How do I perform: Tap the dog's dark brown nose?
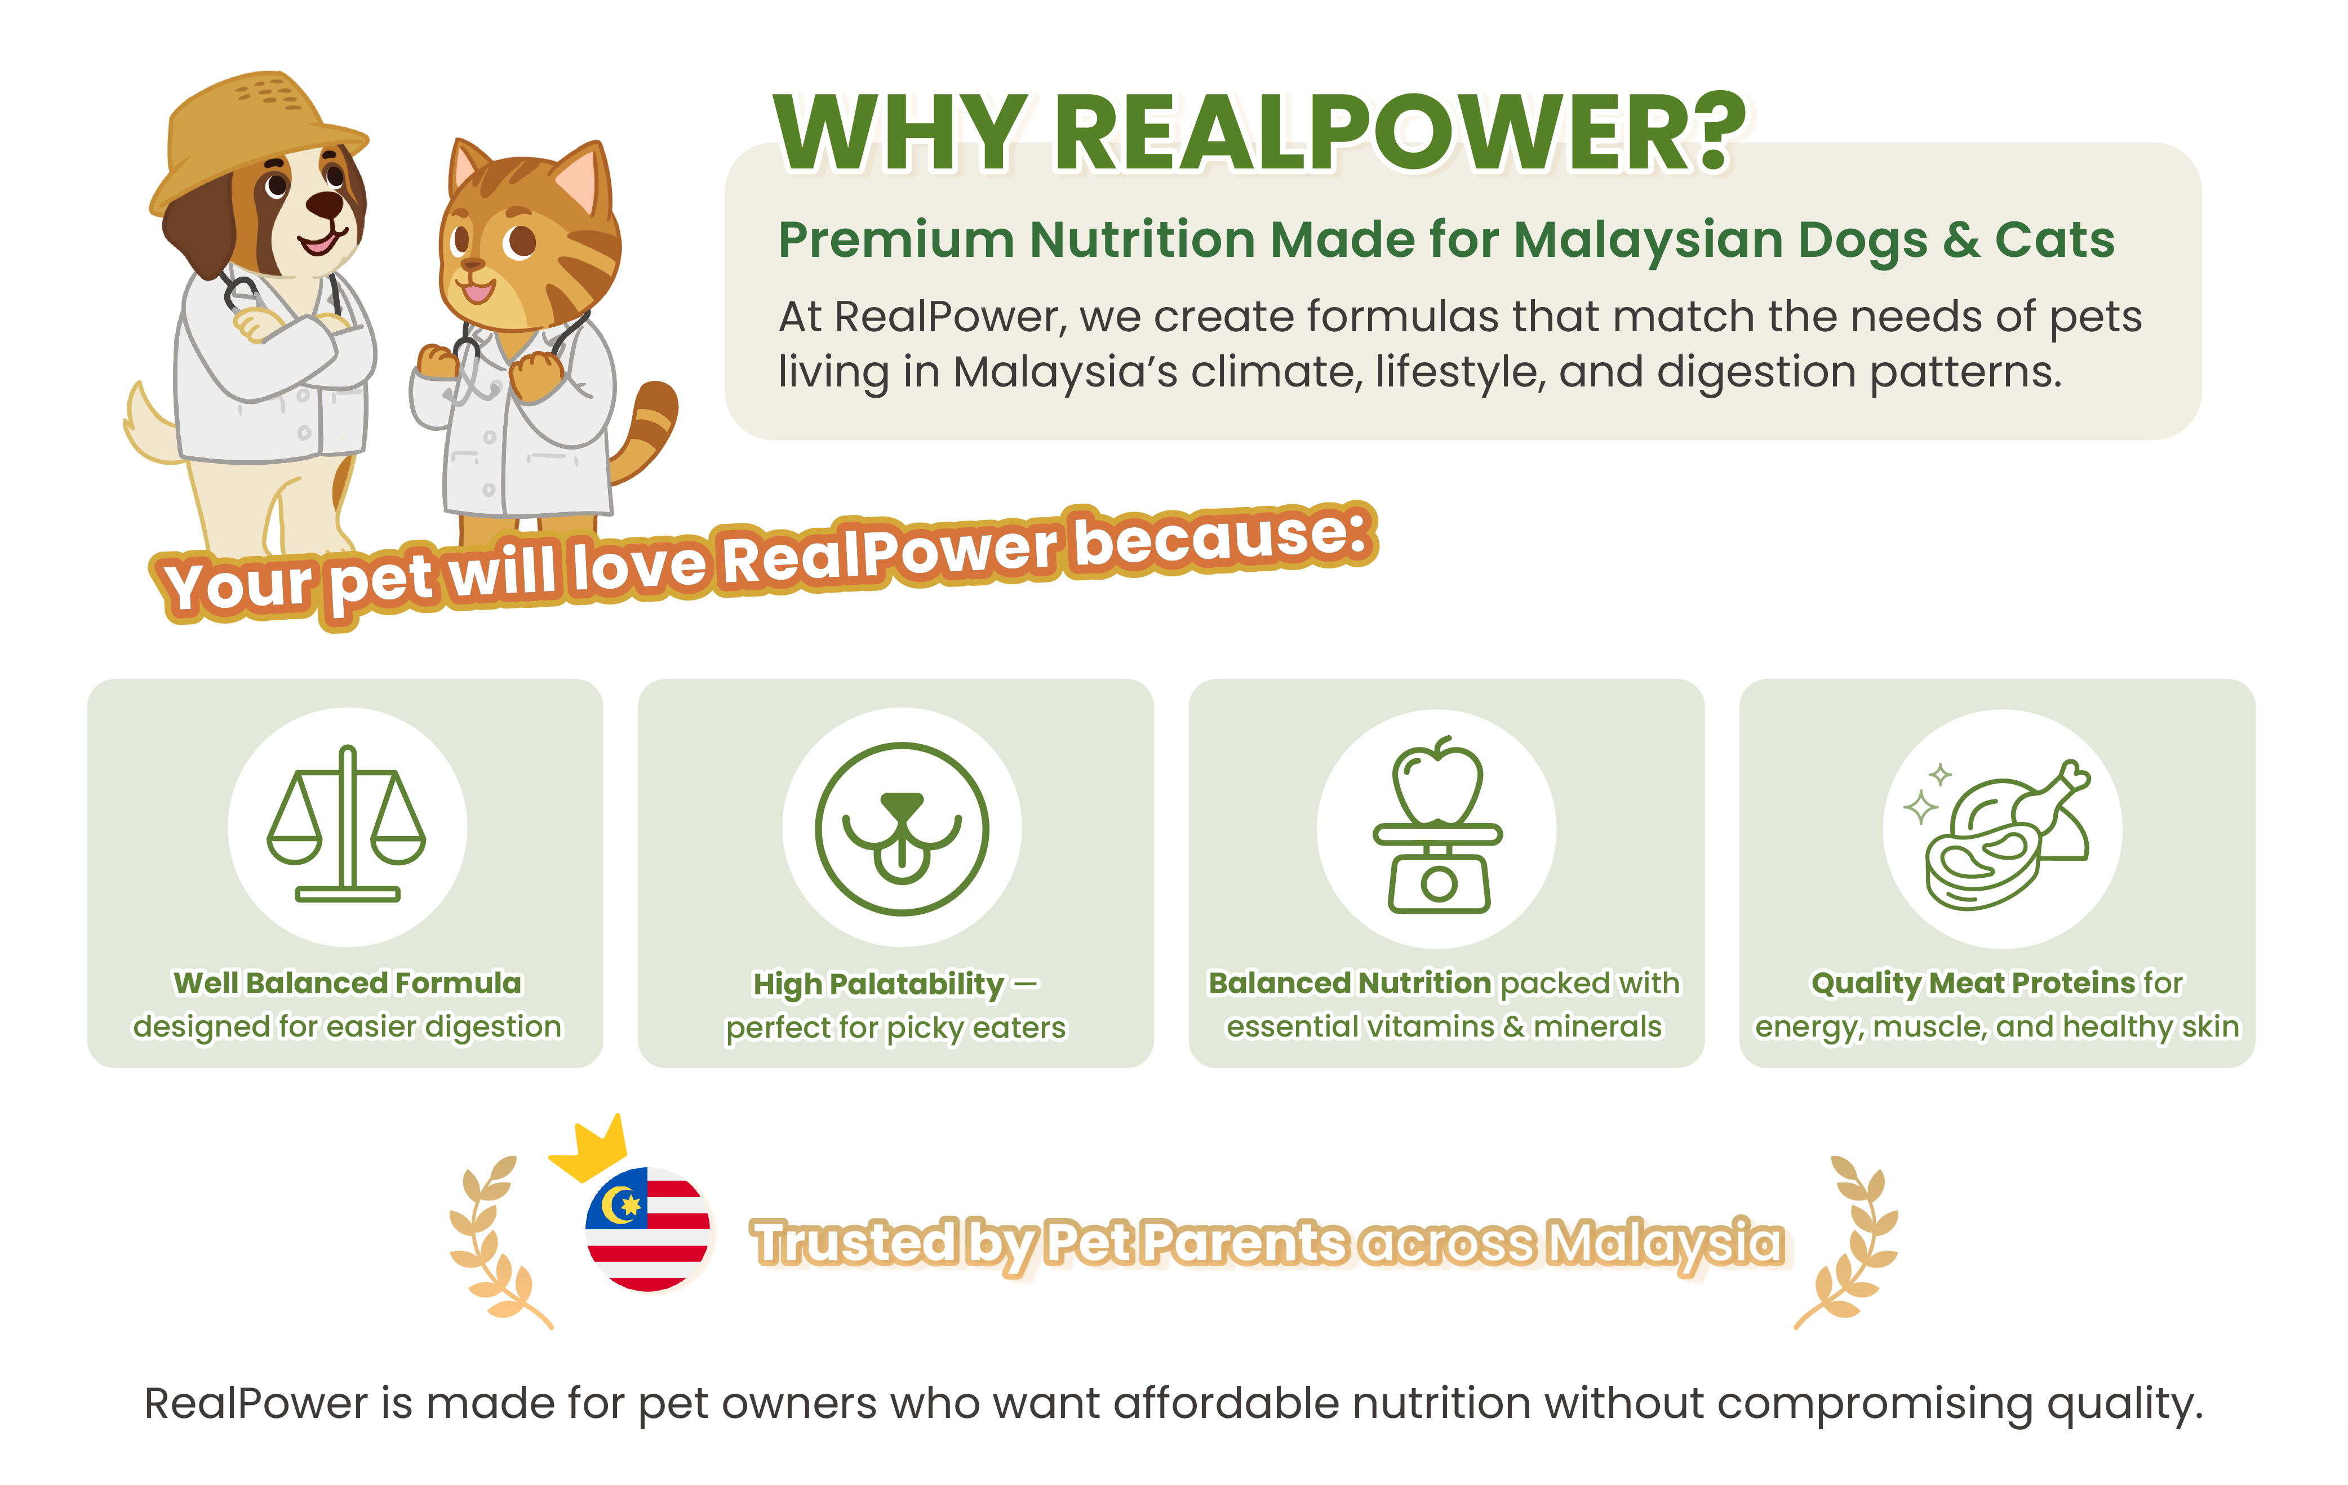pyautogui.click(x=324, y=204)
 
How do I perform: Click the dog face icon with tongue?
pyautogui.click(x=902, y=829)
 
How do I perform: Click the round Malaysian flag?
pyautogui.click(x=647, y=1229)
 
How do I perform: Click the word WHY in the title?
pyautogui.click(x=899, y=135)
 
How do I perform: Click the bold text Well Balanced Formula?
pyautogui.click(x=347, y=983)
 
